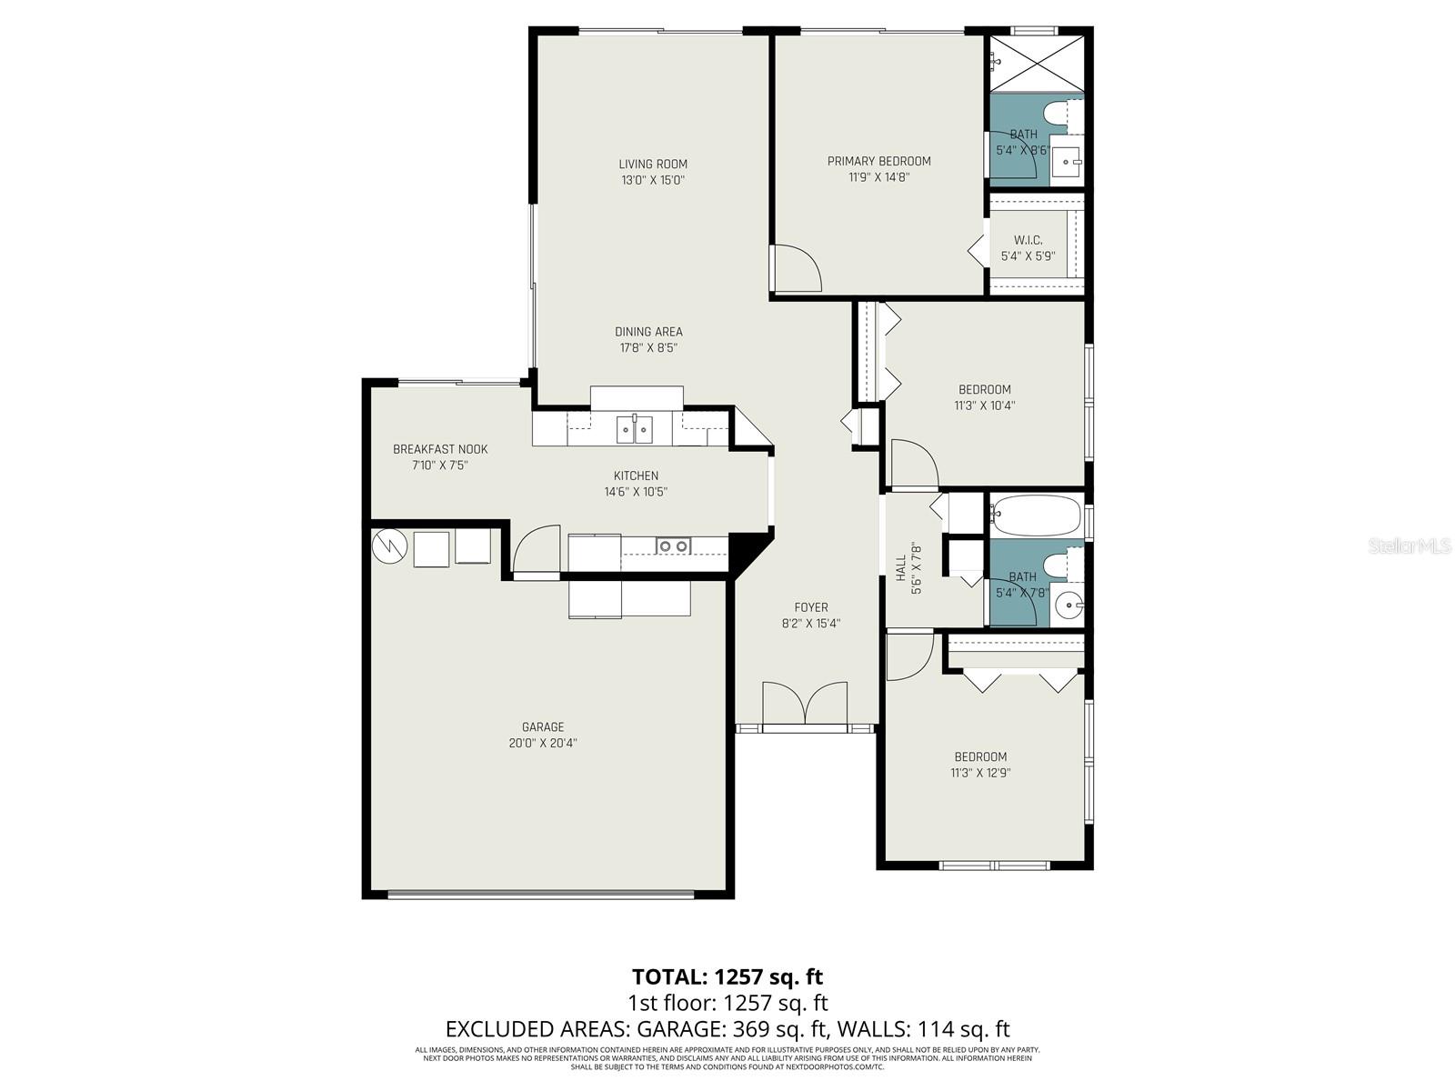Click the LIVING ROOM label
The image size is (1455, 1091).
(653, 165)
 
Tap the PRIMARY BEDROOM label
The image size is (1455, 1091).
(878, 162)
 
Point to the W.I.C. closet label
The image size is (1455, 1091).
(1028, 240)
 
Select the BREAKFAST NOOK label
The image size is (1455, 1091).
(440, 449)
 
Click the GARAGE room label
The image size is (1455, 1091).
(543, 727)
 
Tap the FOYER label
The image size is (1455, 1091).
(811, 607)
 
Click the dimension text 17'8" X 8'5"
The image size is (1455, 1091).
(648, 347)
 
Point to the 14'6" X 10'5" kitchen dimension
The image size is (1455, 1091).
(636, 492)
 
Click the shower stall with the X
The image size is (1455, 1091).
(1037, 64)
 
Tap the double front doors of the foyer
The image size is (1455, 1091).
(805, 704)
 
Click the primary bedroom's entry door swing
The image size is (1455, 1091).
(797, 268)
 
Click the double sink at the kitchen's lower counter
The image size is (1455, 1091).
(674, 545)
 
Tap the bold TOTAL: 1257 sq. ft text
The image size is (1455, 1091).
(727, 976)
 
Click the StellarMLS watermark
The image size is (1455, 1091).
(1410, 546)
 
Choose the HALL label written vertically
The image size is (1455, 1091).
(901, 569)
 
